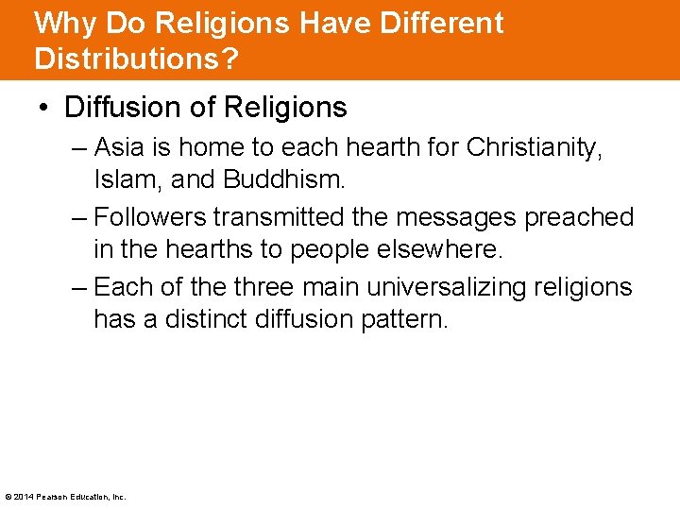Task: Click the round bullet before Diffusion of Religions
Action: pyautogui.click(x=44, y=109)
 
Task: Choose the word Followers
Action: pyautogui.click(x=150, y=218)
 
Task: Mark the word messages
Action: pyautogui.click(x=460, y=218)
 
